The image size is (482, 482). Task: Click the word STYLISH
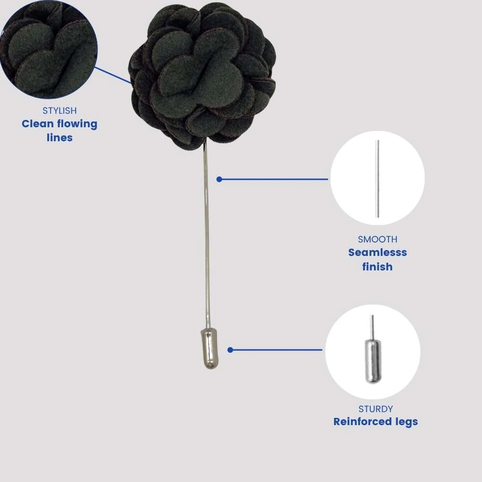pyautogui.click(x=60, y=111)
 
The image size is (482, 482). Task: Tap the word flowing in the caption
pyautogui.click(x=77, y=124)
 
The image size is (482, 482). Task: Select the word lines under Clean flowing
pyautogui.click(x=60, y=137)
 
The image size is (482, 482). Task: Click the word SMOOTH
pyautogui.click(x=377, y=239)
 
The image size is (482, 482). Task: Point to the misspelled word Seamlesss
pyautogui.click(x=377, y=253)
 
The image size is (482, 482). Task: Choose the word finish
pyautogui.click(x=377, y=267)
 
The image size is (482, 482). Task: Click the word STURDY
pyautogui.click(x=375, y=409)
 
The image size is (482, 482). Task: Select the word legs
pyautogui.click(x=406, y=422)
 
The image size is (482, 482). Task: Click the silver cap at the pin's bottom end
pyautogui.click(x=211, y=348)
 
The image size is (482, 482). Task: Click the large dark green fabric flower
pyautogui.click(x=202, y=77)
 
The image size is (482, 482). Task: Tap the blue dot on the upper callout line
pyautogui.click(x=219, y=179)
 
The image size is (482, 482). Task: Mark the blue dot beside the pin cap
pyautogui.click(x=230, y=350)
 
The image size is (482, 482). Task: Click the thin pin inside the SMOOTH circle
pyautogui.click(x=378, y=179)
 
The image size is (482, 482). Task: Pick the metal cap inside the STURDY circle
pyautogui.click(x=373, y=361)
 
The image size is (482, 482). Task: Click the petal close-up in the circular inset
pyautogui.click(x=49, y=49)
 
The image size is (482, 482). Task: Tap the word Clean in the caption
pyautogui.click(x=38, y=124)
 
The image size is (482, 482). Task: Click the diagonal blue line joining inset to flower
pyautogui.click(x=113, y=75)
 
